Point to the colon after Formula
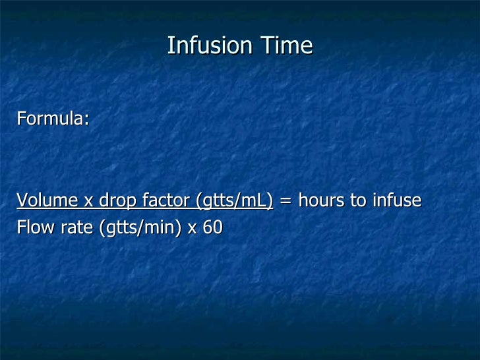pyautogui.click(x=86, y=121)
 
